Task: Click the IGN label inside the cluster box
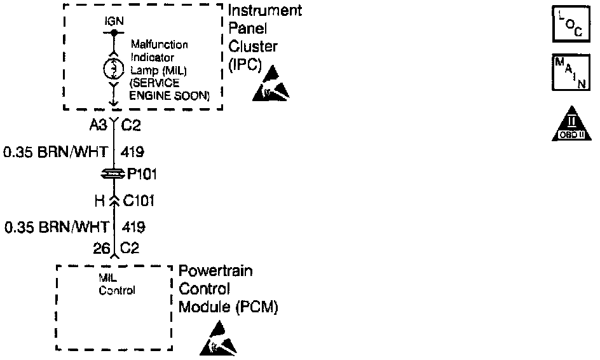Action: pos(114,21)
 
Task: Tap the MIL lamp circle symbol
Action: pos(112,68)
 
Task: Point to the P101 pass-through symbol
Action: pos(113,174)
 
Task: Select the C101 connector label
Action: pos(139,202)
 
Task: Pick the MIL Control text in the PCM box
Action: pos(116,284)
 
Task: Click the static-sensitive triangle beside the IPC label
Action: pos(272,85)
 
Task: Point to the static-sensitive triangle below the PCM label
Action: pos(220,340)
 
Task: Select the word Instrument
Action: pos(265,12)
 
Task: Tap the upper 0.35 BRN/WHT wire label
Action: pos(55,152)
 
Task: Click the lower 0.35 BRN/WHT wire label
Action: pos(55,227)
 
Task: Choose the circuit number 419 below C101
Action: pos(133,227)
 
